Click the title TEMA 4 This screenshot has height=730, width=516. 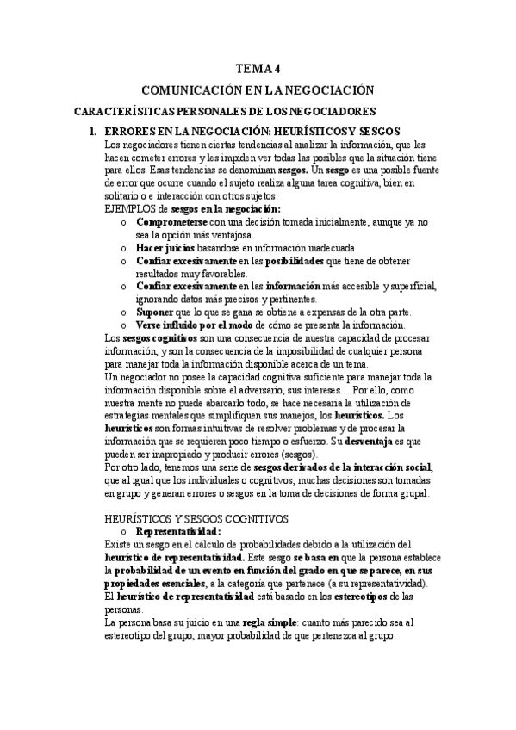point(258,69)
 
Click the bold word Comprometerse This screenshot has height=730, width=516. point(177,221)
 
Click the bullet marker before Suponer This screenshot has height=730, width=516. point(125,312)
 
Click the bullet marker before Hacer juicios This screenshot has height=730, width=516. point(125,247)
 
